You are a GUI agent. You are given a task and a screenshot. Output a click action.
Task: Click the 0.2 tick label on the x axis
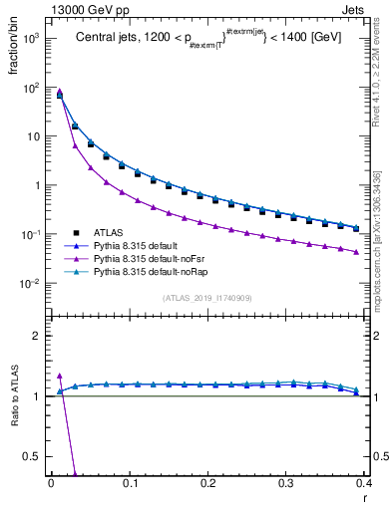coord(207,481)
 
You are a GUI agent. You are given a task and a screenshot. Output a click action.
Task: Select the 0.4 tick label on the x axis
coord(364,481)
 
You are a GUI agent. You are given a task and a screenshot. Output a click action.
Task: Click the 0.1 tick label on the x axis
coord(130,481)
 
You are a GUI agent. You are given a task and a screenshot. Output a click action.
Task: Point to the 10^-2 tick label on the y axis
coord(30,283)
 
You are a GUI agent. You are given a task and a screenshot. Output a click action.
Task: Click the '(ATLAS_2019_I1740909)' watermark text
coord(207,298)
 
